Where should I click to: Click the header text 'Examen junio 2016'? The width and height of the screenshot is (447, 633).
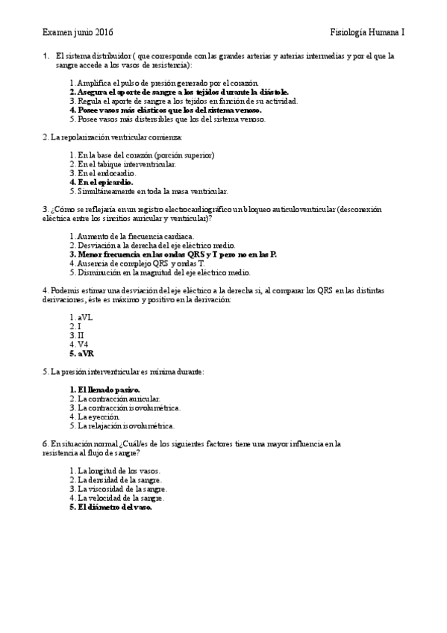coord(78,34)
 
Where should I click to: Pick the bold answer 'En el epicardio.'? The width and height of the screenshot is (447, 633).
coord(101,181)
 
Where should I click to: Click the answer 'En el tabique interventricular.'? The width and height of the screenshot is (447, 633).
coord(123,163)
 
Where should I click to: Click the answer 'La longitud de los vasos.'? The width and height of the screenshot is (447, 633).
coord(116,471)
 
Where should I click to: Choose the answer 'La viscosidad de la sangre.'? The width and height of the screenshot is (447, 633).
coord(119,489)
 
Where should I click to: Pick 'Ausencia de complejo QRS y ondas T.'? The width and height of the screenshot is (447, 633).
coord(136,263)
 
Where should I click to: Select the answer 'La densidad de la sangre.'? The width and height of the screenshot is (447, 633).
coord(116,480)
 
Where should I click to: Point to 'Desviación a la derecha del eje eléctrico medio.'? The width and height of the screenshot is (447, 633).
coord(152,245)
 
